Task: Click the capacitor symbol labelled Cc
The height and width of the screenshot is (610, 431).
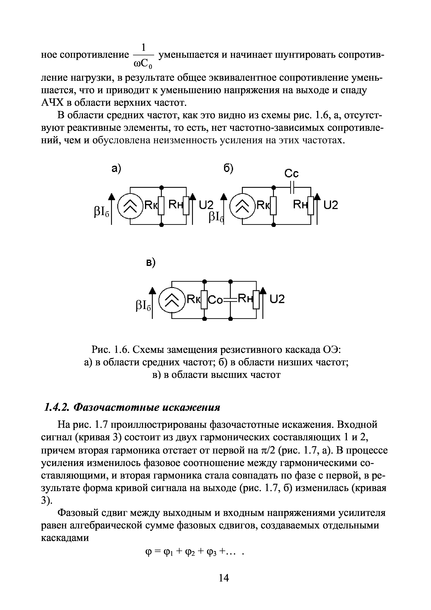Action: point(292,188)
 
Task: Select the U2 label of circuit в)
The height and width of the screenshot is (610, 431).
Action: point(277,300)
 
